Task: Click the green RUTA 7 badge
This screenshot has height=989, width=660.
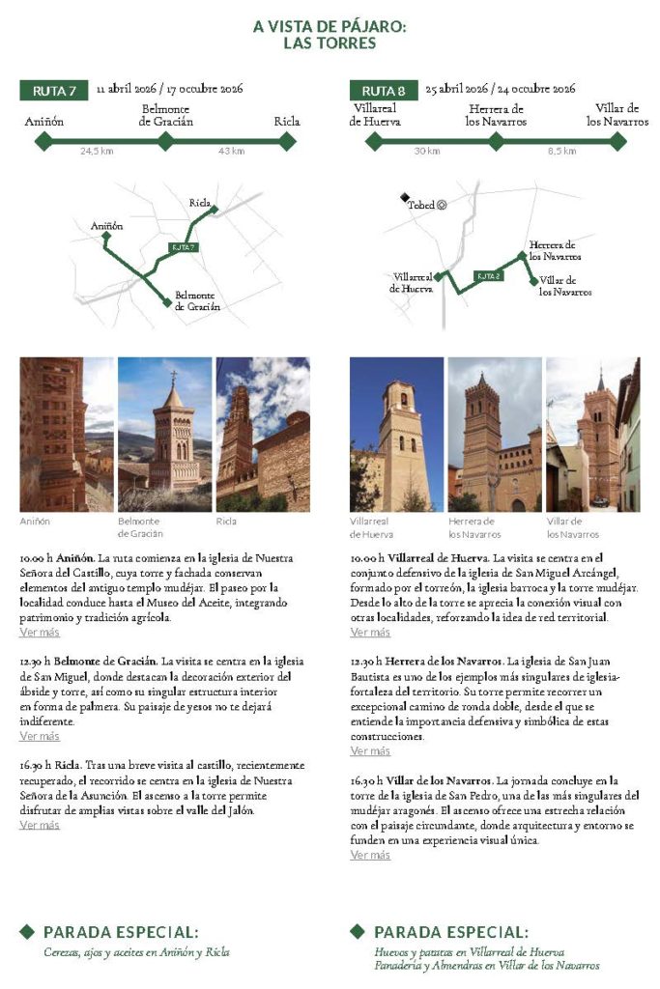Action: [54, 91]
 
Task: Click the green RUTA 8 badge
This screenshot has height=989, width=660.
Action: [384, 91]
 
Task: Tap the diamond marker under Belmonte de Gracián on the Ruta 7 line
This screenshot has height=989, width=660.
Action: [166, 142]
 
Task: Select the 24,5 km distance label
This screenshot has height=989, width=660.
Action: [97, 152]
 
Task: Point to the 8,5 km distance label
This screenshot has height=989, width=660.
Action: [561, 152]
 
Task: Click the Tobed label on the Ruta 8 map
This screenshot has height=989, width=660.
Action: [420, 205]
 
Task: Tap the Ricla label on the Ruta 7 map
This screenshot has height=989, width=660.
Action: [200, 203]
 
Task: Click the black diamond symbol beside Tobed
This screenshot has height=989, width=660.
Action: [405, 197]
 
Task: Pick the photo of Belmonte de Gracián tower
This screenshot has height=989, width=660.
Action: [164, 435]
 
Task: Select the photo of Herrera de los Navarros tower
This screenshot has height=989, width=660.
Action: [495, 435]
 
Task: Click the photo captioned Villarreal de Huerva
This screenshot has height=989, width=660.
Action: [396, 435]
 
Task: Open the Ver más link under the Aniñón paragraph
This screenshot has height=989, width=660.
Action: [40, 633]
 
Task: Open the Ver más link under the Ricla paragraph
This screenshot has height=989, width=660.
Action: [40, 826]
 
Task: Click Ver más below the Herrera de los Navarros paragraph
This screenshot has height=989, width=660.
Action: [370, 751]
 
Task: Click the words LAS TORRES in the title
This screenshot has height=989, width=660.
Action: [330, 43]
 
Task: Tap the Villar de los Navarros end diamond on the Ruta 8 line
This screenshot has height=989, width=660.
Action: [617, 142]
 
